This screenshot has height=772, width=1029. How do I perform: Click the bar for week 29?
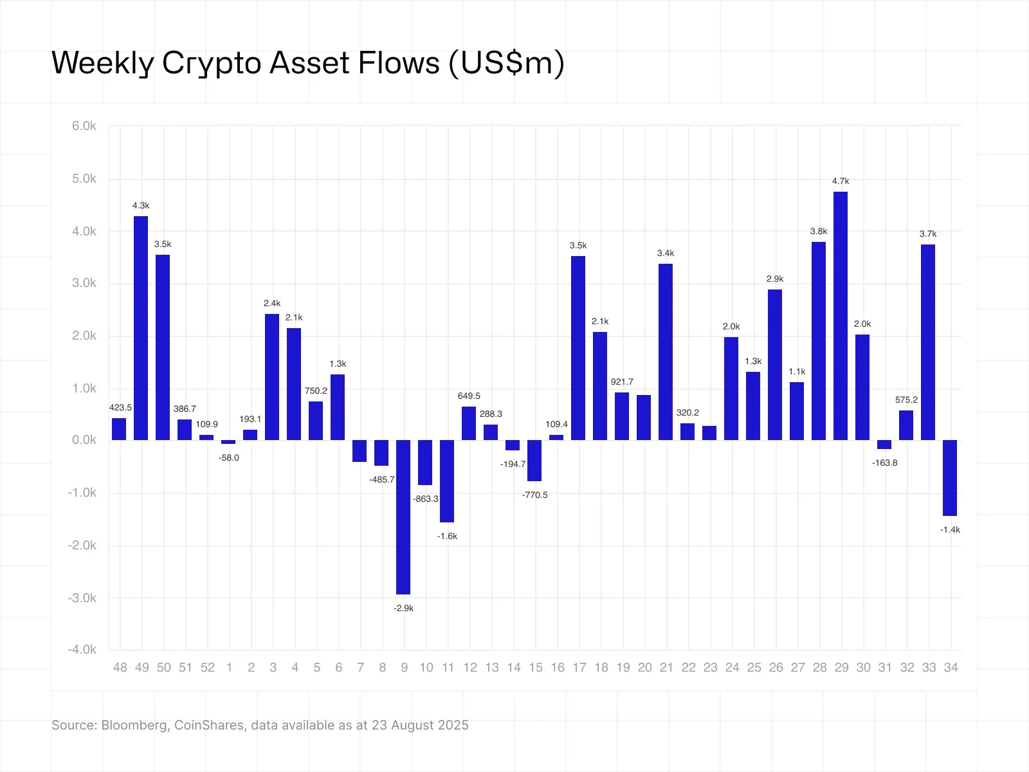841,315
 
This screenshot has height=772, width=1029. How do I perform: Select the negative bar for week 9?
403,517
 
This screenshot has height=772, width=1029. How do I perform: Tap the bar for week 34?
950,477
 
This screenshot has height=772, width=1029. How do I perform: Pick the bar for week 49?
141,328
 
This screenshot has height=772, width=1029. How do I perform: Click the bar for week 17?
578,347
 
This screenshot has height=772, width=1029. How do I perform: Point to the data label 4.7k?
841,181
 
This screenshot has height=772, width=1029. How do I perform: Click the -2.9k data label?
403,608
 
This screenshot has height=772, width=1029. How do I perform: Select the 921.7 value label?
622,382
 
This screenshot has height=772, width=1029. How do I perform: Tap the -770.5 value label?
535,495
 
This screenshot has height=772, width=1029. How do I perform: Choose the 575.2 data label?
906,400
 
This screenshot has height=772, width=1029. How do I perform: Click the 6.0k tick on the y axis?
84,126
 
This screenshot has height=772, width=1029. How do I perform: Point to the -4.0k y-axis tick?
82,650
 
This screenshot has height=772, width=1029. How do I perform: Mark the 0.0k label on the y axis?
84,440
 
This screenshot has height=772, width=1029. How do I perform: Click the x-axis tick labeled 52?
208,668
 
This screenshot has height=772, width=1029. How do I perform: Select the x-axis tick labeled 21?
666,668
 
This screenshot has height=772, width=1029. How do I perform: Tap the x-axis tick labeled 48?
120,668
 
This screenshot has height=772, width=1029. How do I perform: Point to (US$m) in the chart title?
507,64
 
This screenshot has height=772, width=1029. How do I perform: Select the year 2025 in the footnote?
452,725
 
